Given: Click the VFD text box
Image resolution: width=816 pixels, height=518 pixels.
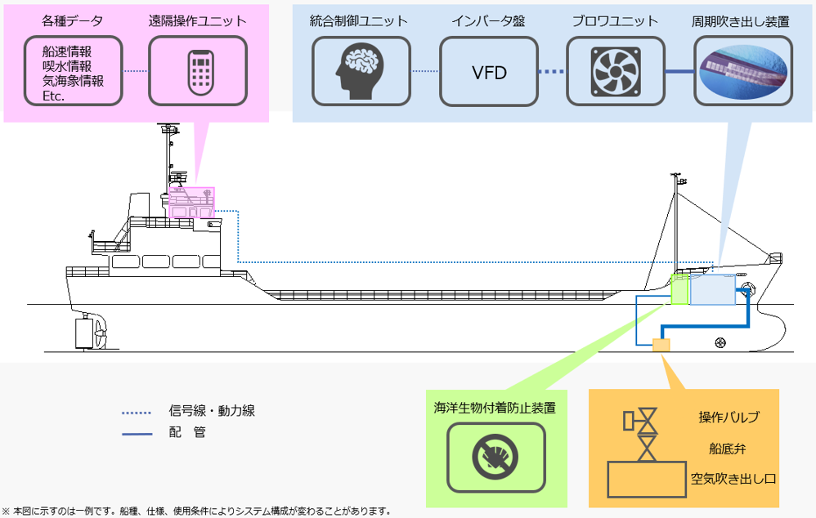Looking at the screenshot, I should click(489, 72).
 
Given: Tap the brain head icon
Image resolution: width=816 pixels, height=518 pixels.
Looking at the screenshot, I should click(362, 72).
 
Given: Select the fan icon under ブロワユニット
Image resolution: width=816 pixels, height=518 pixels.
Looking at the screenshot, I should click(616, 72).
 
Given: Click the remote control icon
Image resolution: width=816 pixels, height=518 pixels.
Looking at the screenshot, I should click(197, 72).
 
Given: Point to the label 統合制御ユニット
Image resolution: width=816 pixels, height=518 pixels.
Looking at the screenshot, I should click(359, 21).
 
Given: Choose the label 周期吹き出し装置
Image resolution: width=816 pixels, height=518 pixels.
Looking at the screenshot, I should click(741, 21).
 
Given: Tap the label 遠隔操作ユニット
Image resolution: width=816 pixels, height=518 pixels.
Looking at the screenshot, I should click(198, 21).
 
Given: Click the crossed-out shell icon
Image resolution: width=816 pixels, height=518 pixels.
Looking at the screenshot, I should click(495, 458).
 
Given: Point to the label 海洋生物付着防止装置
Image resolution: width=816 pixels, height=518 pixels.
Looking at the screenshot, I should click(495, 407).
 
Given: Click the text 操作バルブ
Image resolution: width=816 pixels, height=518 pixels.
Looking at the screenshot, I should click(729, 418).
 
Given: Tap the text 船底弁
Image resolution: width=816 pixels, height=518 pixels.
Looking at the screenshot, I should click(728, 449).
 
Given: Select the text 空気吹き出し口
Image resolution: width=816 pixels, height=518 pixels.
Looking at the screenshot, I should click(729, 479).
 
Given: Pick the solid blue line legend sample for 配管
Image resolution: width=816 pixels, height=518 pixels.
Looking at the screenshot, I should click(137, 434).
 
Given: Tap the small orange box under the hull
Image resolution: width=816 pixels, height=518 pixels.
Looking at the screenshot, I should click(661, 345).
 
